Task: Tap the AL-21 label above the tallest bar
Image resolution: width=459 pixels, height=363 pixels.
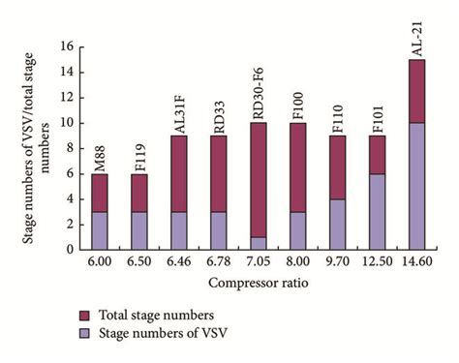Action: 415,40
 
